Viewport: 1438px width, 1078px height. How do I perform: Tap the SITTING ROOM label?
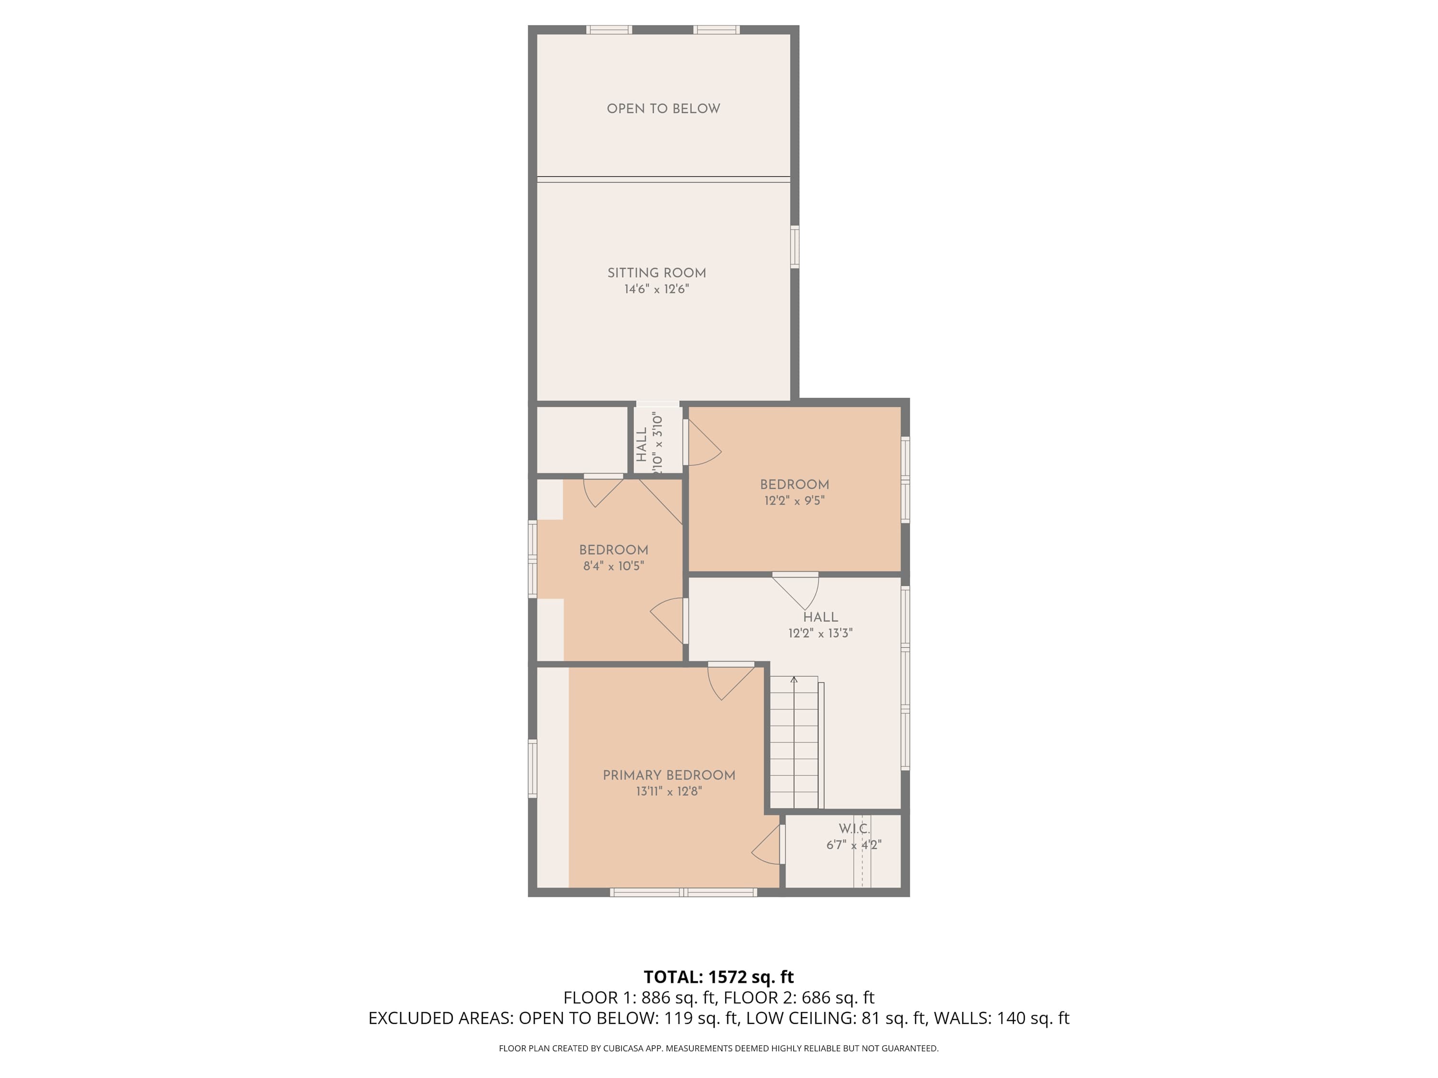click(x=657, y=274)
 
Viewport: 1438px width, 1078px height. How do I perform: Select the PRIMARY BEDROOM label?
click(x=669, y=775)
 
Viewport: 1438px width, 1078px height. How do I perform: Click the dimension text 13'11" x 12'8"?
click(x=669, y=791)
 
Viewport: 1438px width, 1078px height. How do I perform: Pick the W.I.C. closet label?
click(x=854, y=829)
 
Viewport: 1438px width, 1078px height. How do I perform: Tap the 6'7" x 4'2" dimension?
click(x=854, y=845)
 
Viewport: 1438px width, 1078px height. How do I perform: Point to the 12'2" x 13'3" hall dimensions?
click(x=821, y=633)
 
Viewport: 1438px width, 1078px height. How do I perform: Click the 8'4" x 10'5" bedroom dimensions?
click(x=614, y=566)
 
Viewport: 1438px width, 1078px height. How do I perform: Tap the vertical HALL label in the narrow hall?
click(x=642, y=445)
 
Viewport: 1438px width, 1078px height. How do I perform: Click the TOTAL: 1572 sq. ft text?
click(x=719, y=977)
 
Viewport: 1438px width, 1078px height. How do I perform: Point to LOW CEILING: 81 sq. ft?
click(x=835, y=1018)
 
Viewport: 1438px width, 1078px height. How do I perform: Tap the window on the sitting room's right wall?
click(x=794, y=246)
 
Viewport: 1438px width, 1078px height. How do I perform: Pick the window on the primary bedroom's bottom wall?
click(x=683, y=893)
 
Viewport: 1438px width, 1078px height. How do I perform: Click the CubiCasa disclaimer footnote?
click(x=719, y=1048)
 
